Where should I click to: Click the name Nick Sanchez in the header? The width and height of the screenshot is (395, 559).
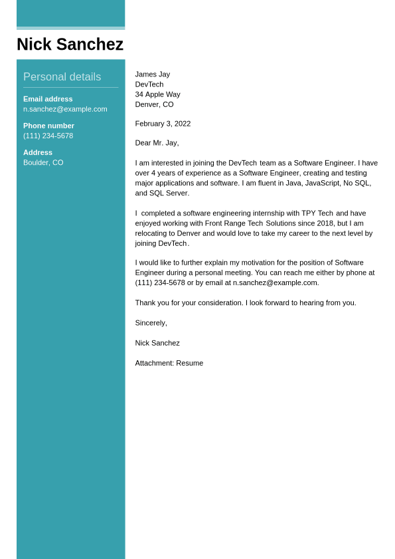70,45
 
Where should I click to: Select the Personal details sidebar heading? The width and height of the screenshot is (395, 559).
62,77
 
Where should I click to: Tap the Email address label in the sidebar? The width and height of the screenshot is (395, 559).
48,99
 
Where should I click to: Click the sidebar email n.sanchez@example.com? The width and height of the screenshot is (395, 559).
65,109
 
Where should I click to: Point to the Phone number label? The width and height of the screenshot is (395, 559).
48,126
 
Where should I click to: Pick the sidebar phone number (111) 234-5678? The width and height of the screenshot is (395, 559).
48,136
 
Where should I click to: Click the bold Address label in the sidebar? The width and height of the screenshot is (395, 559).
38,152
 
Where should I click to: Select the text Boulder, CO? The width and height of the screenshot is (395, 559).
43,162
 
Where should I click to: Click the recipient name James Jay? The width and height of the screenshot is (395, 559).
152,74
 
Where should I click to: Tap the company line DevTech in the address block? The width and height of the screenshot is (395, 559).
149,84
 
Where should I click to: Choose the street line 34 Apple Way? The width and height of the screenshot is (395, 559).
157,94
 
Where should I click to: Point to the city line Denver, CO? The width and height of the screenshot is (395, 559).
154,104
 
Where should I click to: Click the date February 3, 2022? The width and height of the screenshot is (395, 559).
163,124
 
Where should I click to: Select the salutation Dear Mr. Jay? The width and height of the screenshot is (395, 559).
157,143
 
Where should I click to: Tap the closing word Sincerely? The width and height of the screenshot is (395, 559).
151,323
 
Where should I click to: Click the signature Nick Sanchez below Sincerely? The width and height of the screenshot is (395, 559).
157,343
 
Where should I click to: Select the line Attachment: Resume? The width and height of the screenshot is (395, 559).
169,363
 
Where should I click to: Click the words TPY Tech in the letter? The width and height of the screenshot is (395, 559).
317,213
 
